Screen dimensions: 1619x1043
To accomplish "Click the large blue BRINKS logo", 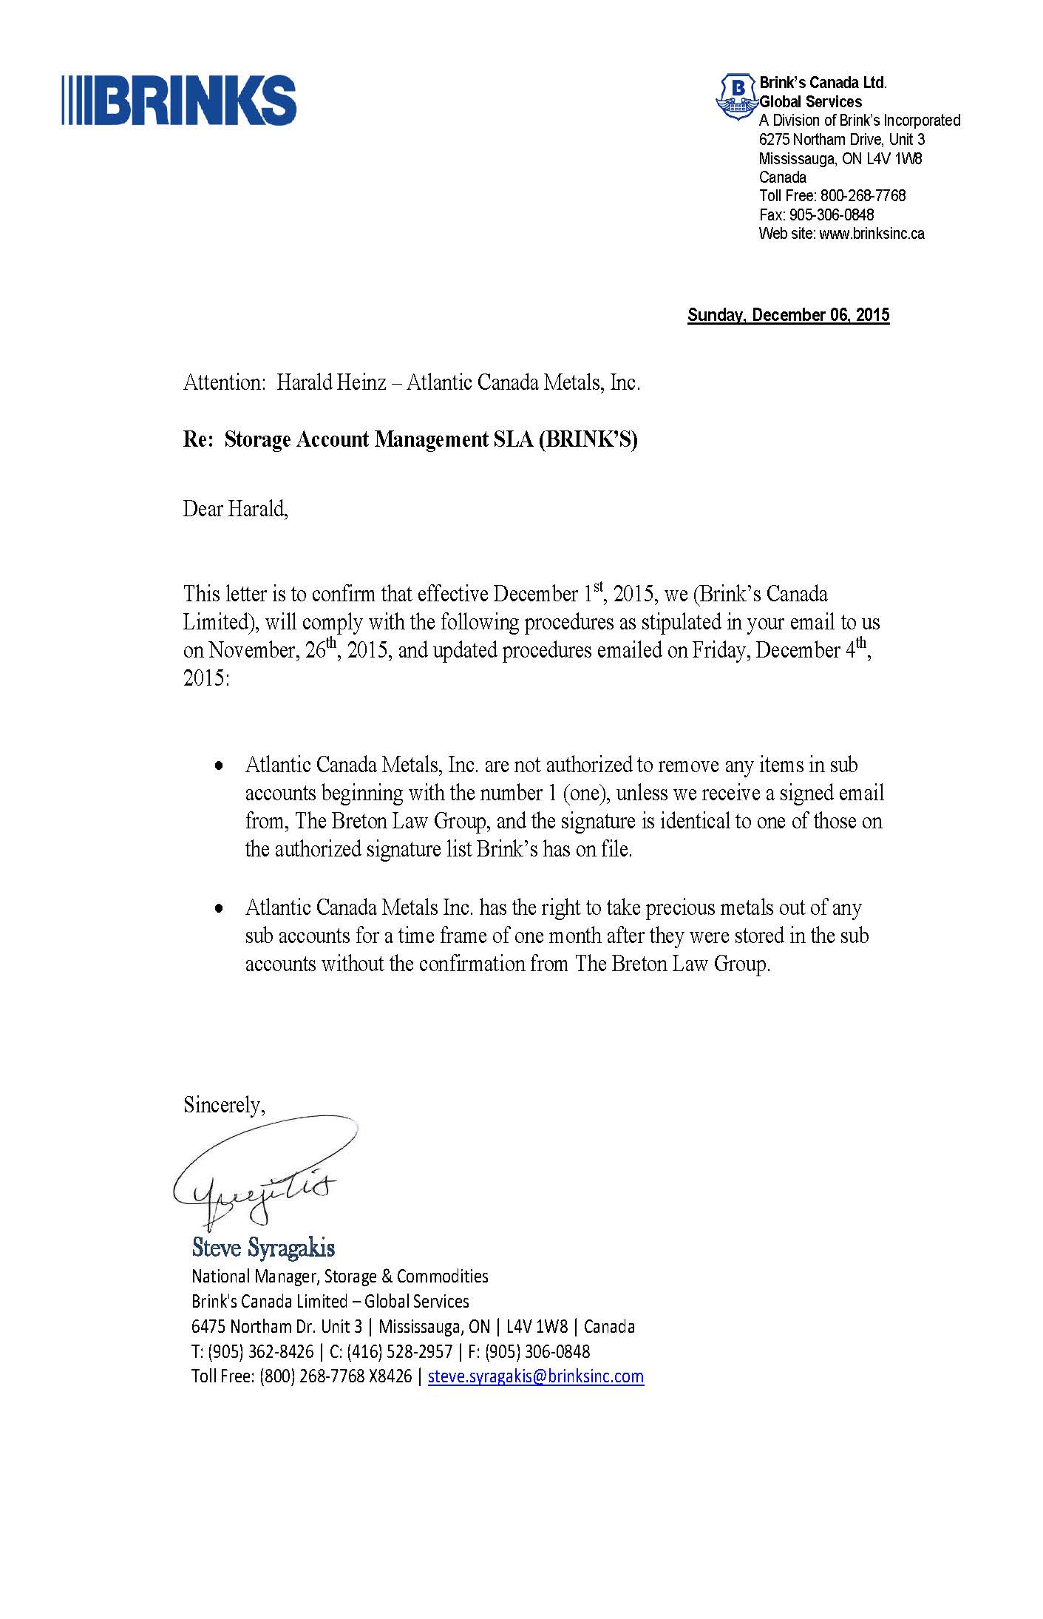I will [x=179, y=100].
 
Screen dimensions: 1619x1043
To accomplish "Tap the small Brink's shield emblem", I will [x=735, y=96].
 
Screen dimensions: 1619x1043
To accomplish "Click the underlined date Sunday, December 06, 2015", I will [x=788, y=315].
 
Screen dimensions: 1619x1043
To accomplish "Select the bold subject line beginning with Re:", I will [x=410, y=439].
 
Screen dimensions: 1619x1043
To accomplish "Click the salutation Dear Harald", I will [x=235, y=509].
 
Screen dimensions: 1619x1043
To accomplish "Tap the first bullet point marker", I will [x=218, y=766].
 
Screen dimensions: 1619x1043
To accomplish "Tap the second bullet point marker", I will [x=218, y=909].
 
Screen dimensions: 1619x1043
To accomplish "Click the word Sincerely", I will [x=224, y=1105].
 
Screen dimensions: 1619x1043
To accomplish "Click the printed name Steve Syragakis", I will [x=263, y=1248].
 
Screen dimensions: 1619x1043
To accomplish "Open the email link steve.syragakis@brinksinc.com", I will [x=535, y=1376].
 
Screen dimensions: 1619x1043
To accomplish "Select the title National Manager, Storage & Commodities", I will [x=339, y=1276].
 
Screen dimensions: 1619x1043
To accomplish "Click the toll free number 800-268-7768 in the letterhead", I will [x=863, y=196].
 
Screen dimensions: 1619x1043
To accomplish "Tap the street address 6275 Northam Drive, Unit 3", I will [x=841, y=140].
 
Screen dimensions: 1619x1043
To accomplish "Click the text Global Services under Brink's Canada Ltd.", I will [x=810, y=102].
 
